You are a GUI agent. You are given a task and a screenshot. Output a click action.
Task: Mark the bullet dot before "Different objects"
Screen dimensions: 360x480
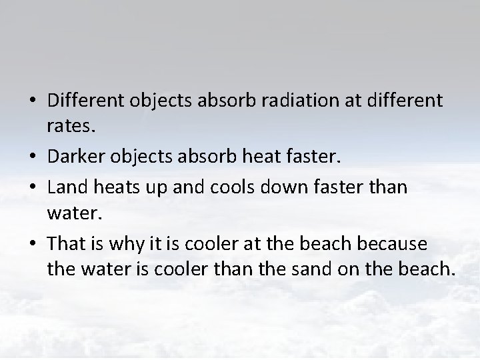click(x=32, y=102)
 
